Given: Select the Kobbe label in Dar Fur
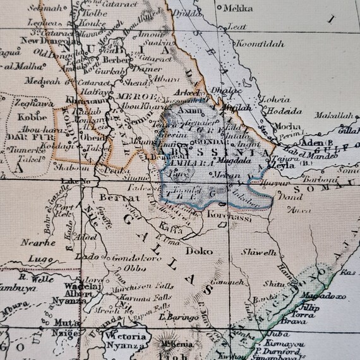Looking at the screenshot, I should [x=26, y=117].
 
